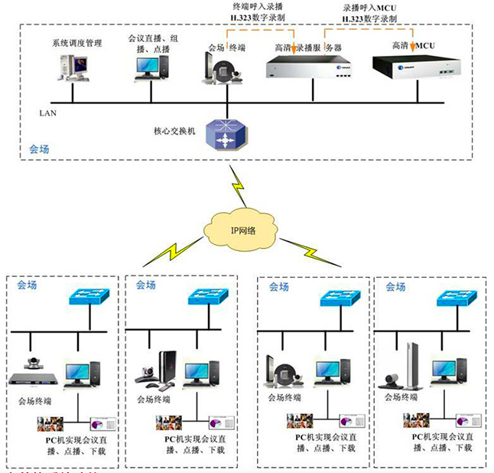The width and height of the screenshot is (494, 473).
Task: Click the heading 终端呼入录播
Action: coord(257,6)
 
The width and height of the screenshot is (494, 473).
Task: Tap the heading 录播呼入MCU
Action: coord(368,6)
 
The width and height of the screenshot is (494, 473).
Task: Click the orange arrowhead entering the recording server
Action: coord(294,51)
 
